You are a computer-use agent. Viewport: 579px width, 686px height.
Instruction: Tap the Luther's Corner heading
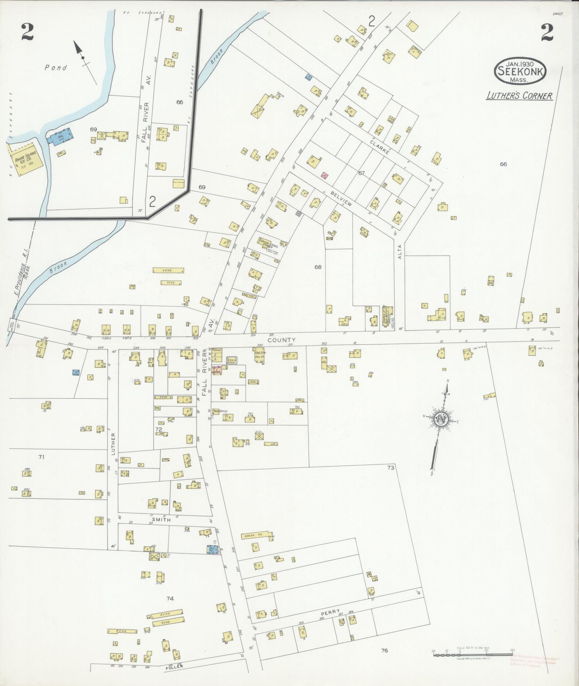click(x=519, y=96)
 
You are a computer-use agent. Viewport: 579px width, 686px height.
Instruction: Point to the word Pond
click(x=56, y=67)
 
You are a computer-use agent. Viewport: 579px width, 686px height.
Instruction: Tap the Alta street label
click(x=400, y=251)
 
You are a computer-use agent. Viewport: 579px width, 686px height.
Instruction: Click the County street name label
click(x=282, y=340)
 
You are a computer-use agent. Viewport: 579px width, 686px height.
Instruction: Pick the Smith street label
click(x=163, y=519)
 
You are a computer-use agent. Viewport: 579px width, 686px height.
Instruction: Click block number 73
click(x=391, y=468)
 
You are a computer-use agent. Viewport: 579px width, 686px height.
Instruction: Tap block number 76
click(x=384, y=650)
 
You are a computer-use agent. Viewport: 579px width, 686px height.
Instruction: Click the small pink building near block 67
click(x=324, y=175)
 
